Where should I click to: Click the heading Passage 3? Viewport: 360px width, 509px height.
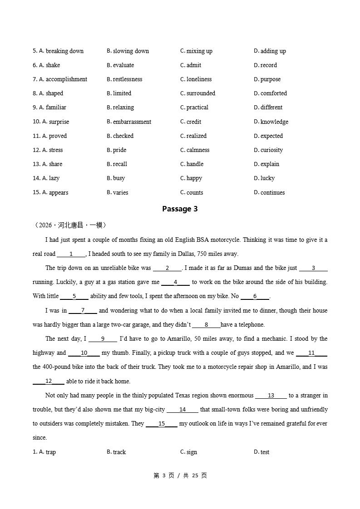180,209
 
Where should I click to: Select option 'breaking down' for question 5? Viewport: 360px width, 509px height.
64,51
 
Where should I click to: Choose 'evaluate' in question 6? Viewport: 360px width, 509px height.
123,65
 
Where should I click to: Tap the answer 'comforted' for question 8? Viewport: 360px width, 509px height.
274,93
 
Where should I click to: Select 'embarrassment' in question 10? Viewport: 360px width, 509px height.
132,122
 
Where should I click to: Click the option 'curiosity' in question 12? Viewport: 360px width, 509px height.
271,150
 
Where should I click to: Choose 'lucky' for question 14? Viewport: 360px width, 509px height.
267,178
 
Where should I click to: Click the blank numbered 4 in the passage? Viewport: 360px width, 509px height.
175,282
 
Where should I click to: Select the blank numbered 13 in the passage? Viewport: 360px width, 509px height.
271,396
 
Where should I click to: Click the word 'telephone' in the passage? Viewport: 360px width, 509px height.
249,324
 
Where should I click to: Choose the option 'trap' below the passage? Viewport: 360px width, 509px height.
51,452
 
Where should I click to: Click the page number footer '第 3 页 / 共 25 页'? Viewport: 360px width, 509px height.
180,475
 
